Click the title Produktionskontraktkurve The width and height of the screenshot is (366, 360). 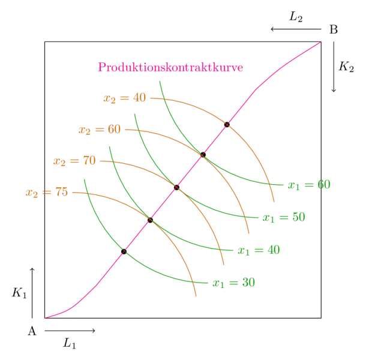pos(170,67)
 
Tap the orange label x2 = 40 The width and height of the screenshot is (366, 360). pos(125,98)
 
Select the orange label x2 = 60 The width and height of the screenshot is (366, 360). pos(100,130)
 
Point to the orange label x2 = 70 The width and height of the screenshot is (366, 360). pos(74,161)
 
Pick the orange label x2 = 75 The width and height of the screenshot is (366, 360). pos(47,193)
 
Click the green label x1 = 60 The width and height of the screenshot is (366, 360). pos(309,185)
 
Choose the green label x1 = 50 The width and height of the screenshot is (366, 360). pos(284,217)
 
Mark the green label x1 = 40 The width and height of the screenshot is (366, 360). pos(259,250)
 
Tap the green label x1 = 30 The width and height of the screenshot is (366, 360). pos(233,282)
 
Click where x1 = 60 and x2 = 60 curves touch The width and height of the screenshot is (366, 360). pos(202,155)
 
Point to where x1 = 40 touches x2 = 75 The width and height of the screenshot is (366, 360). pos(151,220)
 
